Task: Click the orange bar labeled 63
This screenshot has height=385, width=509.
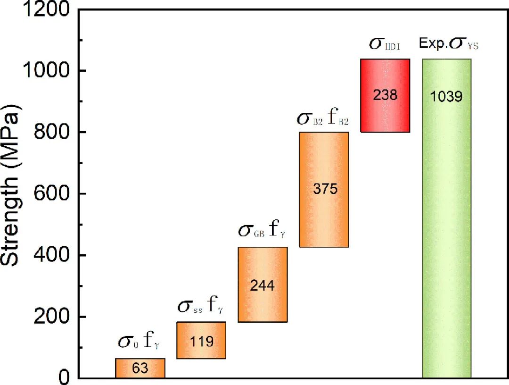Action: (x=140, y=368)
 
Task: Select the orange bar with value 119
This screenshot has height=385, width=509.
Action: (x=201, y=340)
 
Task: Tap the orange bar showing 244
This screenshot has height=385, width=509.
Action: (x=263, y=285)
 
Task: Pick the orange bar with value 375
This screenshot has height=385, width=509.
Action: (x=324, y=189)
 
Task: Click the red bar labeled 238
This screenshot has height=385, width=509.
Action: (x=386, y=95)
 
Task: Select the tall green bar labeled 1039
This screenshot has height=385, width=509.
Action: (x=446, y=218)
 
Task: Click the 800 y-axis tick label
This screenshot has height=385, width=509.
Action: (x=51, y=132)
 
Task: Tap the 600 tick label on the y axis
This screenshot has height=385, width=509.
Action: (x=51, y=193)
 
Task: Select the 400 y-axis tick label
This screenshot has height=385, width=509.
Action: (x=51, y=255)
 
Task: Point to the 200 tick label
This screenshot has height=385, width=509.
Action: (x=51, y=317)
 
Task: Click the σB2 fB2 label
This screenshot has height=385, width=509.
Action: (x=323, y=118)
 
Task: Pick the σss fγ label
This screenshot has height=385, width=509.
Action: (x=201, y=307)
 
